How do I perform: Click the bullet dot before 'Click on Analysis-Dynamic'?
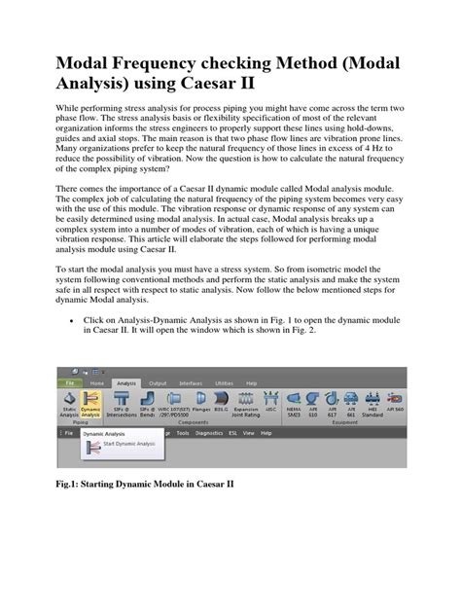pyautogui.click(x=74, y=318)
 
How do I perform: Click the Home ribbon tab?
pyautogui.click(x=96, y=383)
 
